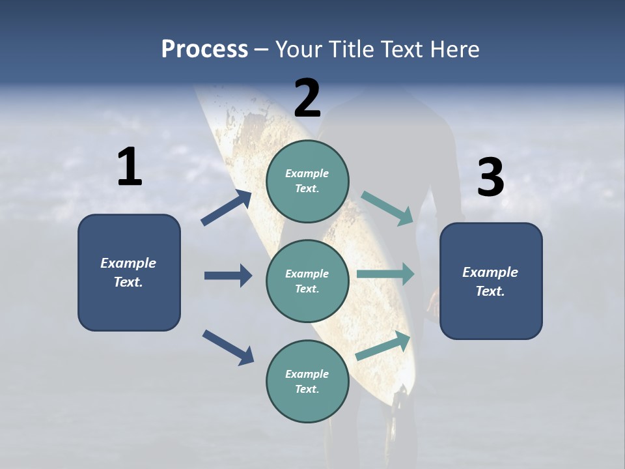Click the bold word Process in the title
coord(204,50)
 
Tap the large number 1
coord(130,168)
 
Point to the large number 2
coord(307,98)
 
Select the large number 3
coord(490,178)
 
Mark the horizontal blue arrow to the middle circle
coord(228,276)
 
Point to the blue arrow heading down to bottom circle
coord(227,347)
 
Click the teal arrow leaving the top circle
coord(387,208)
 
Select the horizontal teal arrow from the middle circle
coord(385,274)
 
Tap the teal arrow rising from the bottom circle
coord(383,346)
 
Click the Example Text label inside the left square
coord(128,272)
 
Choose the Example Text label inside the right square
coord(490,281)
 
